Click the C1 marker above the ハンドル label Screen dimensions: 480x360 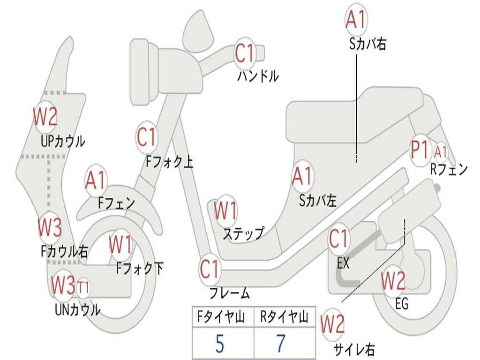tap(245, 53)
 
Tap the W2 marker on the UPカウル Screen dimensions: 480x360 tap(45, 116)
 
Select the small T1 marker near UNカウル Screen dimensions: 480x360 tap(83, 288)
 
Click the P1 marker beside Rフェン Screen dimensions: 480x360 tap(420, 150)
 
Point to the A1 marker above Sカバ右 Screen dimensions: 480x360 tap(356, 19)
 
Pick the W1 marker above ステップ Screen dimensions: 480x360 tap(225, 210)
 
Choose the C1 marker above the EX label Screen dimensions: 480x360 tap(338, 239)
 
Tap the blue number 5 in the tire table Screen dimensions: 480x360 tap(220, 344)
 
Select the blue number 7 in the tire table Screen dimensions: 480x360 tap(281, 343)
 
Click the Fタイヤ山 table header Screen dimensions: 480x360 tap(221, 316)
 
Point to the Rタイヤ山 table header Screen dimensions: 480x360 tap(285, 316)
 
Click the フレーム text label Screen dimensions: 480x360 tap(230, 293)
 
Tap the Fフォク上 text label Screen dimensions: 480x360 tap(169, 161)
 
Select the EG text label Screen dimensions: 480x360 tap(402, 304)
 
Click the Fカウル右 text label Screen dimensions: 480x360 tap(64, 251)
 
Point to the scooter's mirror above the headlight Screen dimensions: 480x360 tap(198, 31)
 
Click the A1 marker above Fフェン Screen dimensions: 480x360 tap(96, 180)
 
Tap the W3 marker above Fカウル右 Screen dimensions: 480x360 tap(50, 227)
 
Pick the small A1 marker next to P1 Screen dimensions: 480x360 tap(441, 152)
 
